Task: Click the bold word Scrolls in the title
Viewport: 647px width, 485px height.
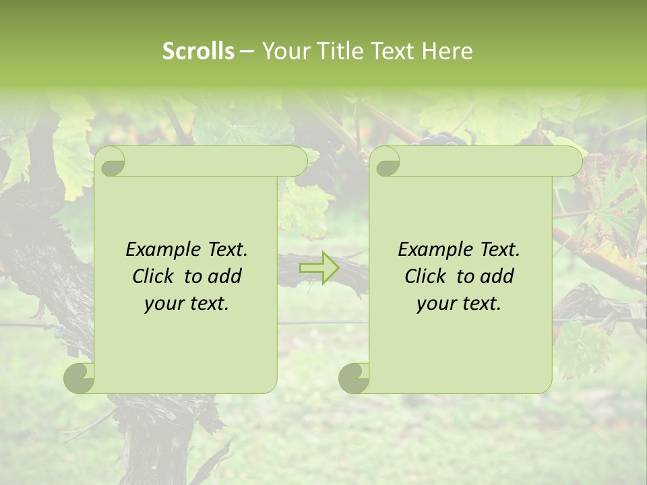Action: [x=198, y=51]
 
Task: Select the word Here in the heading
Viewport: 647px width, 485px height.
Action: [x=447, y=51]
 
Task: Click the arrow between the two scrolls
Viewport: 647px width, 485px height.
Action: [x=320, y=267]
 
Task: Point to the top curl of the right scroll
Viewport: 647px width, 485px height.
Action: [x=386, y=162]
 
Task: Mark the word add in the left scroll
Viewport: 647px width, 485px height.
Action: [x=227, y=276]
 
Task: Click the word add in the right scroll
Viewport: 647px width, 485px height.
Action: [x=499, y=276]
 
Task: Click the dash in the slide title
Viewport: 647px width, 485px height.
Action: [x=247, y=51]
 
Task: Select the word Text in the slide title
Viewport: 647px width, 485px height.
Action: [x=391, y=51]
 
